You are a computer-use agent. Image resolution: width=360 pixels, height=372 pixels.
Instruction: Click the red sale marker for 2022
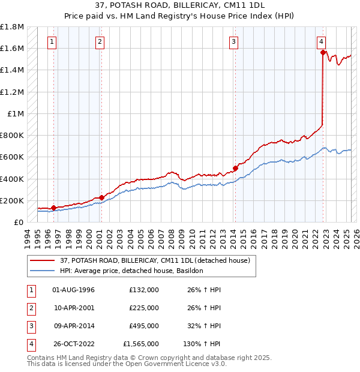pyautogui.click(x=323, y=53)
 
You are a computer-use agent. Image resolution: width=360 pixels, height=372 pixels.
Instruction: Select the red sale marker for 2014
pyautogui.click(x=235, y=169)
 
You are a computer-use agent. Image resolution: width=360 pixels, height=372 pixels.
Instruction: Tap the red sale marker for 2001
pyautogui.click(x=101, y=197)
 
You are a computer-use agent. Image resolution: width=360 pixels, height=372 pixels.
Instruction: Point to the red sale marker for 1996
pyautogui.click(x=53, y=208)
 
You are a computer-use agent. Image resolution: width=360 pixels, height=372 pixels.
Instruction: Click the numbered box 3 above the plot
pyautogui.click(x=233, y=41)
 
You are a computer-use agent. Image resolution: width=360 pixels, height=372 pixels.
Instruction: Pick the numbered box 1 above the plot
pyautogui.click(x=53, y=41)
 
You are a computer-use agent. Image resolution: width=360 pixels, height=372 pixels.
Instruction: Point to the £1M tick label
pyautogui.click(x=16, y=113)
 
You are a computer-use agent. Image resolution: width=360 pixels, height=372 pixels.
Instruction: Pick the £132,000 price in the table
pyautogui.click(x=144, y=290)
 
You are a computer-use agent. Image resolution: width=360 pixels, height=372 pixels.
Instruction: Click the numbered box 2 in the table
pyautogui.click(x=31, y=308)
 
